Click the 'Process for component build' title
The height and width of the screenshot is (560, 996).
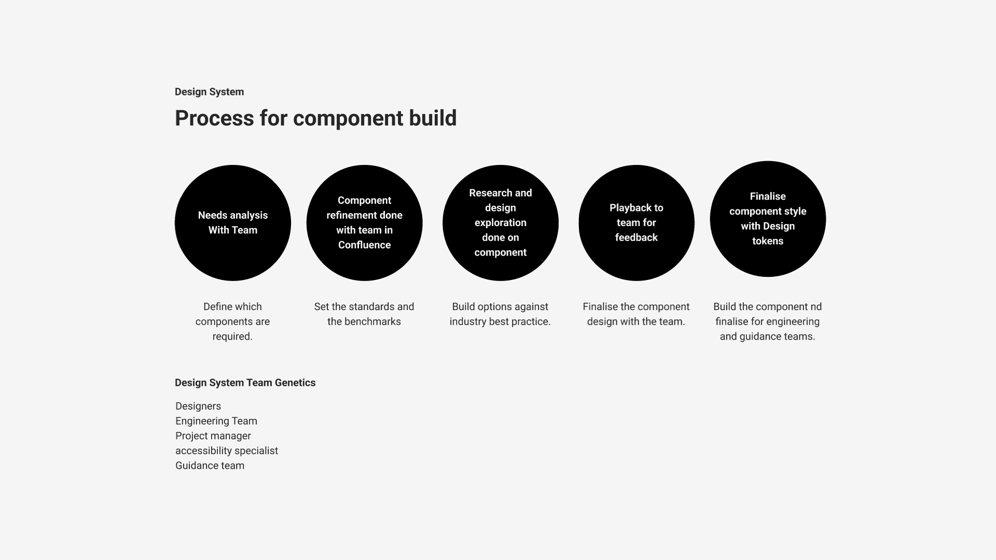tap(315, 118)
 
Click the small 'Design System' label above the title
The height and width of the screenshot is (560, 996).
tap(209, 92)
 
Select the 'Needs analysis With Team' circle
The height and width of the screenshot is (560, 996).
tap(233, 223)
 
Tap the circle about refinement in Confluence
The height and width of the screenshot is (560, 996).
tap(364, 223)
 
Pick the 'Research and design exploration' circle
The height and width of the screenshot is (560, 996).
tap(501, 223)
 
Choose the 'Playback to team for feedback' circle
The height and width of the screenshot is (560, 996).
tap(637, 223)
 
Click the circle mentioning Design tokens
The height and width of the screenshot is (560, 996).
tap(768, 219)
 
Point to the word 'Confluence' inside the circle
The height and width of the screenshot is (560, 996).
tap(364, 245)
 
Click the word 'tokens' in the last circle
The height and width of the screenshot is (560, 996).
tap(768, 241)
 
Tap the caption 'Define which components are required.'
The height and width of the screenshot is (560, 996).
tap(232, 321)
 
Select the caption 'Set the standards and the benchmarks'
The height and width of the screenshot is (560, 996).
tap(364, 314)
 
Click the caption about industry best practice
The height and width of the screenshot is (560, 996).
tap(500, 314)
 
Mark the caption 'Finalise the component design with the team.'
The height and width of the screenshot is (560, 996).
tap(636, 314)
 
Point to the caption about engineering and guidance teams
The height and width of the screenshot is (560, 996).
tap(768, 321)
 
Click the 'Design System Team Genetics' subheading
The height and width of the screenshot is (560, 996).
tap(245, 383)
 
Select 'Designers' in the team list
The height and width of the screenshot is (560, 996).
tap(198, 407)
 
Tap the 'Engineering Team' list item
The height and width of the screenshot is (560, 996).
tap(216, 421)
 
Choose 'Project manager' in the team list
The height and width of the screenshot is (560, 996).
tap(213, 436)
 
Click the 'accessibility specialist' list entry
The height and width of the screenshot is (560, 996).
tap(227, 451)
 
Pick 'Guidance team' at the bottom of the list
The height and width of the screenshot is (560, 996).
tap(210, 466)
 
